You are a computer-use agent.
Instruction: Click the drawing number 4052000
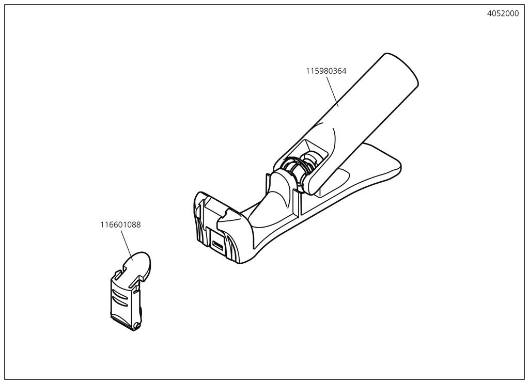tap(503, 14)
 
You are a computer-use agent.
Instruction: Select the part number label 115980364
tap(326, 71)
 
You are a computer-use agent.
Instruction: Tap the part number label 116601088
tap(120, 225)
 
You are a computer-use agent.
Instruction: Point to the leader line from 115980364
tap(332, 91)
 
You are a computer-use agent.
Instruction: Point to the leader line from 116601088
tap(127, 245)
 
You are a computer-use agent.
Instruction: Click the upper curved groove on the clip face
tap(121, 290)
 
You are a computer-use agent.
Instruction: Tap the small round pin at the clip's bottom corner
tap(136, 325)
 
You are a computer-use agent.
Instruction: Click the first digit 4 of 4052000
tap(490, 14)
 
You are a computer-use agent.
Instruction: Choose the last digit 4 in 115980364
tap(344, 71)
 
